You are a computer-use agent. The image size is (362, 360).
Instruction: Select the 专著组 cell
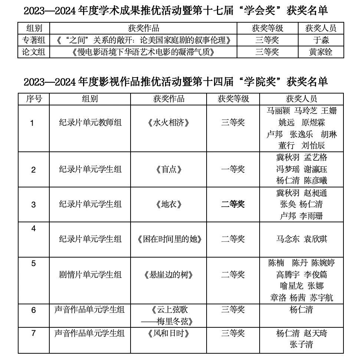[x=34, y=40]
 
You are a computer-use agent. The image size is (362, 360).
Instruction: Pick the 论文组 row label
[x=34, y=52]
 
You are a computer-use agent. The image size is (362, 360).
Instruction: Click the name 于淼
[x=321, y=40]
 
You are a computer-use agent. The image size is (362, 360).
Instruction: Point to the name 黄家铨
[x=321, y=52]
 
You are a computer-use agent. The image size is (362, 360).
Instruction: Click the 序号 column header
[x=34, y=99]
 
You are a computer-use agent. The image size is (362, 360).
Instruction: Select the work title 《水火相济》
[x=168, y=123]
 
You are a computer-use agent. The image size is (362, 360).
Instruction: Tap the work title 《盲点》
[x=168, y=170]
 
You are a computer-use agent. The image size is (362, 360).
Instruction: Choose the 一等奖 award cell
[x=233, y=170]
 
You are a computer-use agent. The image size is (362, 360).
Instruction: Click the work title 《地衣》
[x=168, y=204]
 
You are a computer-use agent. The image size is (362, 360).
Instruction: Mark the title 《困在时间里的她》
[x=168, y=239]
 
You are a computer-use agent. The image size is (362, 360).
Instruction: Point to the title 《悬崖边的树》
[x=168, y=275]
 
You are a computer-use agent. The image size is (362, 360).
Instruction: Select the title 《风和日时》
[x=168, y=333]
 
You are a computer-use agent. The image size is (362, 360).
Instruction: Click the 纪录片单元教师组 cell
[x=90, y=123]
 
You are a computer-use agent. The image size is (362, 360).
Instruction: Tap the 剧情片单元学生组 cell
[x=90, y=275]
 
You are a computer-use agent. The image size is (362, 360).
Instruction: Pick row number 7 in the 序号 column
[x=34, y=333]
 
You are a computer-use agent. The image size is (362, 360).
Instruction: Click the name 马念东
[x=288, y=239]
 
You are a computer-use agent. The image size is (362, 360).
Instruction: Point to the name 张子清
[x=301, y=345]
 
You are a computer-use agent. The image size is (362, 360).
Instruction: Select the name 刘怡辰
[x=313, y=145]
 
